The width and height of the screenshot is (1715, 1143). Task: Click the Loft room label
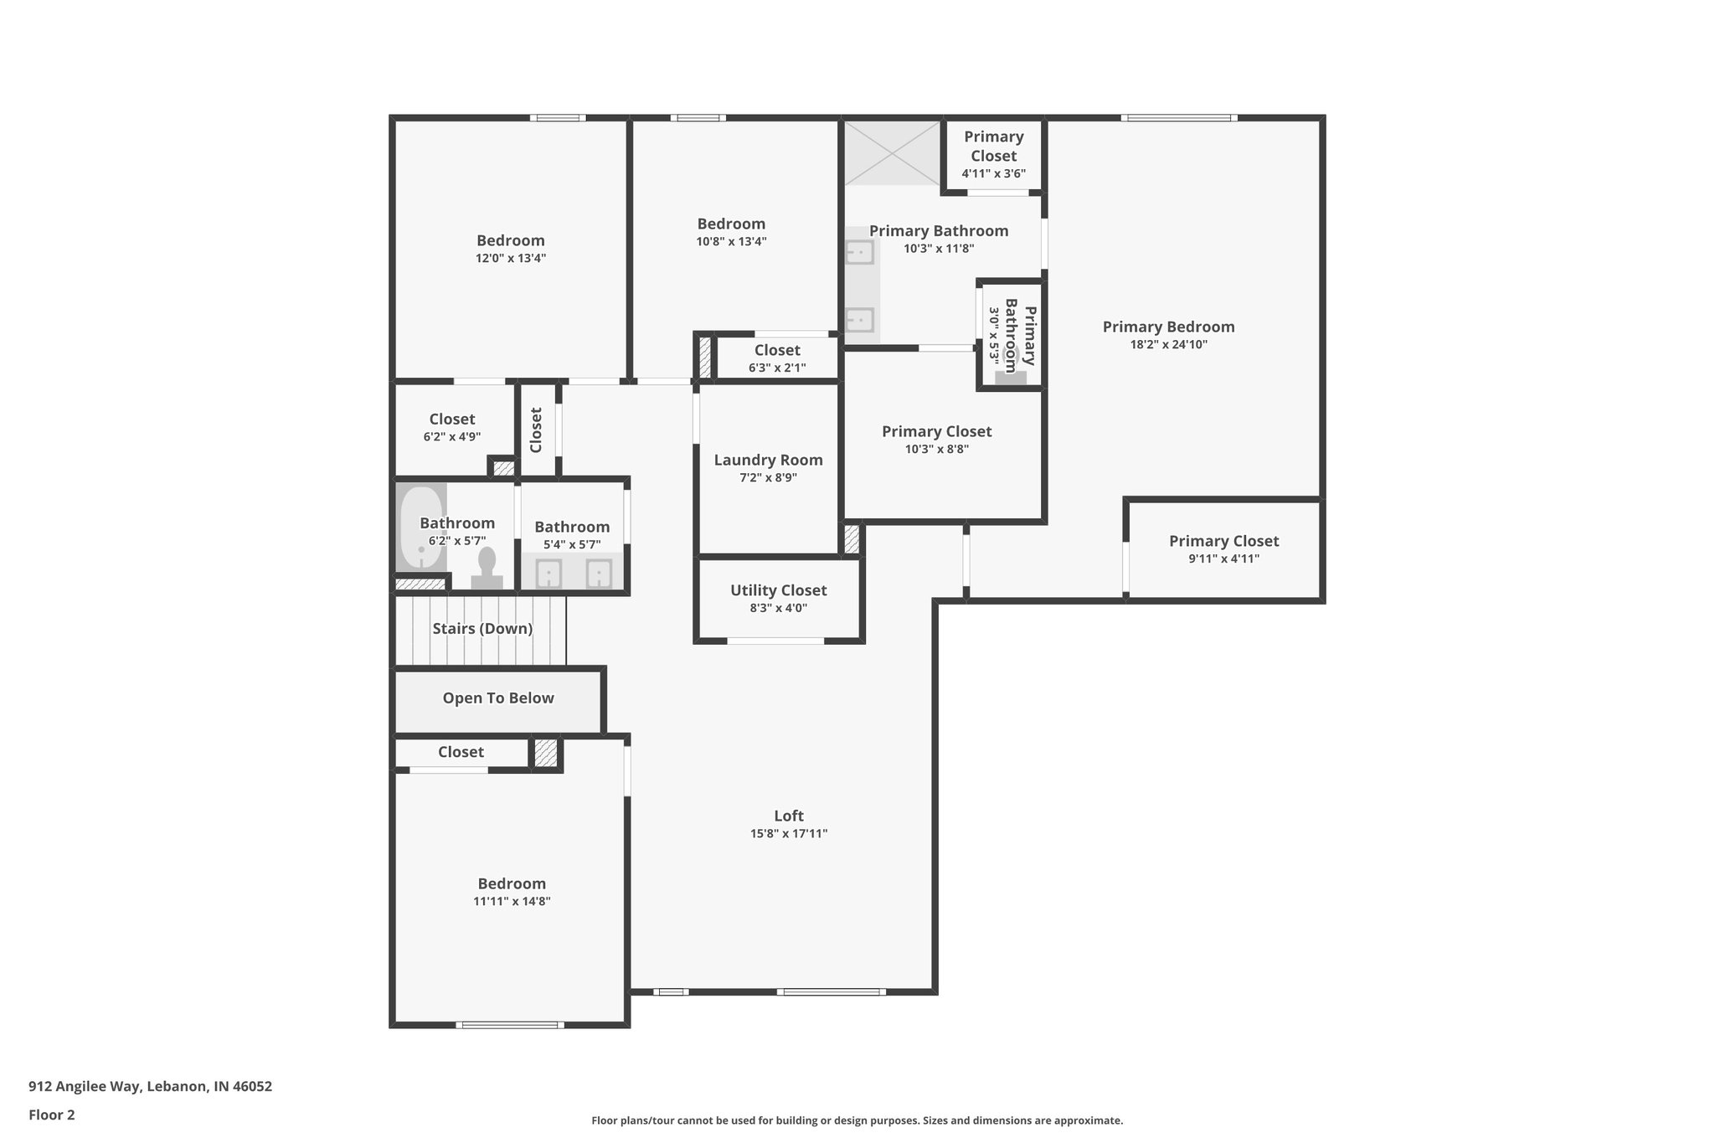pos(788,816)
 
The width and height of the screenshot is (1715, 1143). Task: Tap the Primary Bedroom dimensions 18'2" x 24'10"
pos(1168,344)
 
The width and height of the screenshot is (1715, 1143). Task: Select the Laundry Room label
pos(768,460)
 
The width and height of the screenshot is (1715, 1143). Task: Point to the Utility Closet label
pos(778,590)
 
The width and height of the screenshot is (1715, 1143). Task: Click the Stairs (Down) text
pos(482,629)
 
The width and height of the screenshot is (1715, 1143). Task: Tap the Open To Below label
pos(498,698)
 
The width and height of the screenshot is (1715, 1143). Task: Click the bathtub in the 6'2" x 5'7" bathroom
pos(420,528)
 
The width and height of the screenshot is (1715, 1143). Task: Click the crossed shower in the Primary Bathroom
pos(892,152)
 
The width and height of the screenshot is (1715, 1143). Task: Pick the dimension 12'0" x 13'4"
pos(511,259)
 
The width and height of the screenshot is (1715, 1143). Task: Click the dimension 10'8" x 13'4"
pos(731,242)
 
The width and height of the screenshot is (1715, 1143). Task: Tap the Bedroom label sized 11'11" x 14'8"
pos(512,883)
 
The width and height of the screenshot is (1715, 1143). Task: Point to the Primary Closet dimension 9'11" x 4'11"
pos(1223,559)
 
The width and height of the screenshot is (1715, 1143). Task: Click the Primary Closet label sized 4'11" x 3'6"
pos(993,146)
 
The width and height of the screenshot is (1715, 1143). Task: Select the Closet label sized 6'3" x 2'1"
pos(777,350)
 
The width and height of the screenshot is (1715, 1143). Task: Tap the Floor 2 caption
pos(52,1115)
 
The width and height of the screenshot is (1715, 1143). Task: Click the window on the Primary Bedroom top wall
pos(1178,118)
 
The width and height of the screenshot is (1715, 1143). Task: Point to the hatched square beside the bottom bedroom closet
pos(546,753)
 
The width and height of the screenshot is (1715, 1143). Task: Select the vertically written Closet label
pos(537,430)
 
